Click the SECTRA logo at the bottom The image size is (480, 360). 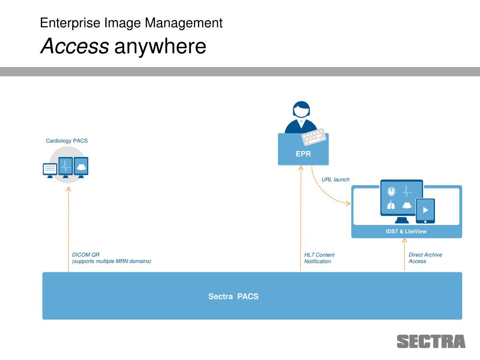coord(431,341)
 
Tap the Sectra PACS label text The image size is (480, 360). coord(233,296)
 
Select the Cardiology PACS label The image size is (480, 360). coord(67,141)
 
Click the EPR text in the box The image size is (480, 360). coord(303,154)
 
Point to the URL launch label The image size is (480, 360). coord(335,180)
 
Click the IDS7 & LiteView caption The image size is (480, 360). coord(406,231)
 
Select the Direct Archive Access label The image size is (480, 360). coord(425,258)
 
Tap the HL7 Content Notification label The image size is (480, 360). coord(319,258)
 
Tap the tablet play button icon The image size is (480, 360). coord(426,210)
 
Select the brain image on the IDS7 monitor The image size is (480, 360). coord(391,191)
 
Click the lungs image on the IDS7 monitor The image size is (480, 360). coord(391,205)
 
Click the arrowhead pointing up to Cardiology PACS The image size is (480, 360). coord(68,189)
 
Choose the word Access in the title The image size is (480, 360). coord(74,46)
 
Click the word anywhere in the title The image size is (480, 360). coord(160,46)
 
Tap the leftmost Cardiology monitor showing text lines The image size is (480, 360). coord(50,169)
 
